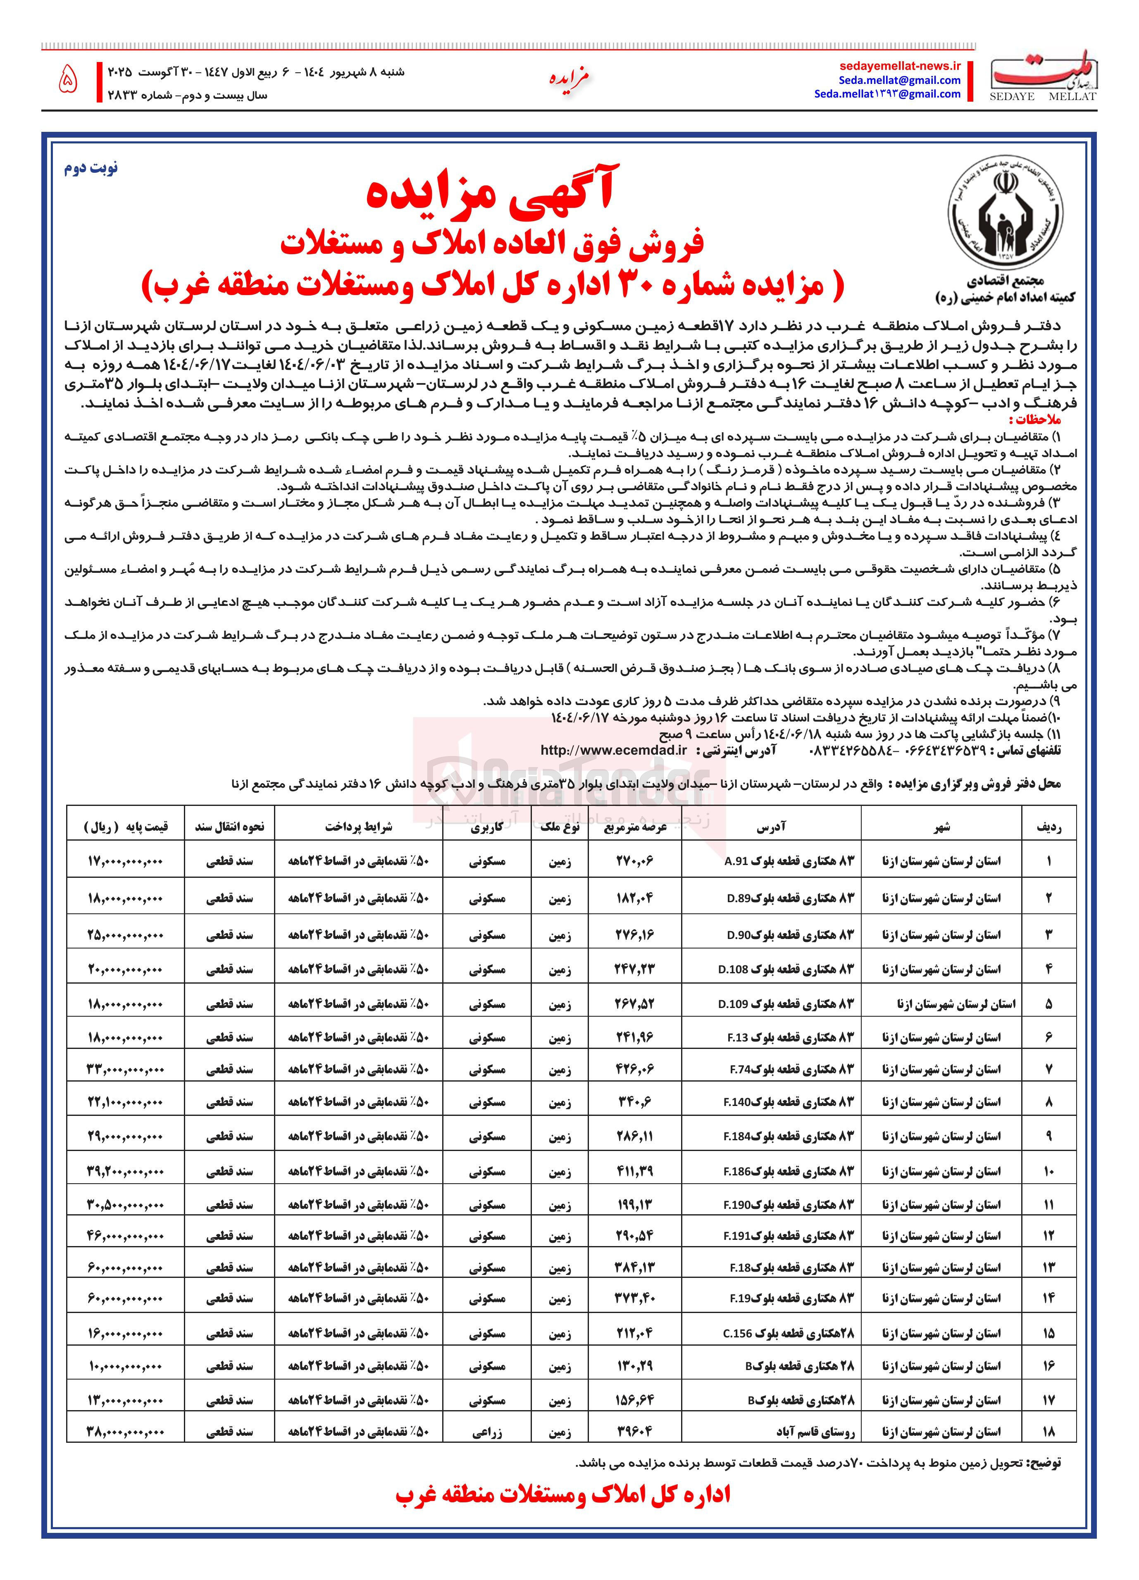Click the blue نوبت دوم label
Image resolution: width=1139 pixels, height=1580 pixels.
pos(91,169)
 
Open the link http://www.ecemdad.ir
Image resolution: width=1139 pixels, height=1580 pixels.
pos(613,750)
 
